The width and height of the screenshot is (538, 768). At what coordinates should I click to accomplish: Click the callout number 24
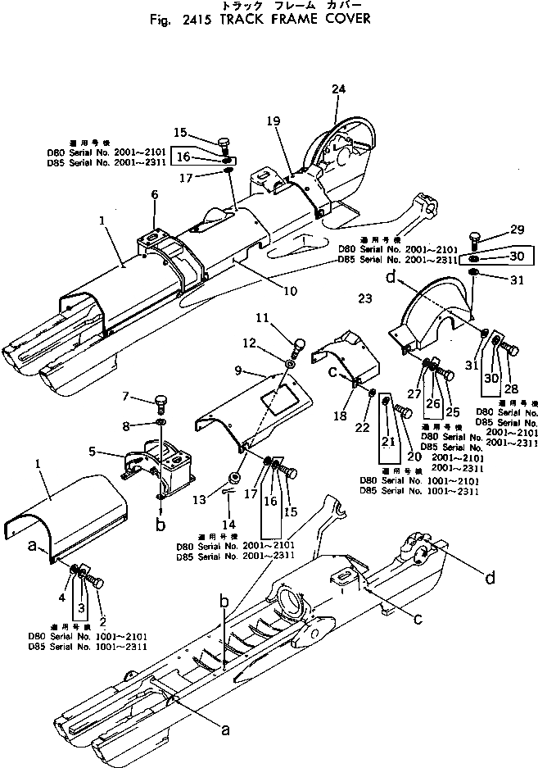tap(340, 89)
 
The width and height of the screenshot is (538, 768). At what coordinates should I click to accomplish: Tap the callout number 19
tap(274, 120)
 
